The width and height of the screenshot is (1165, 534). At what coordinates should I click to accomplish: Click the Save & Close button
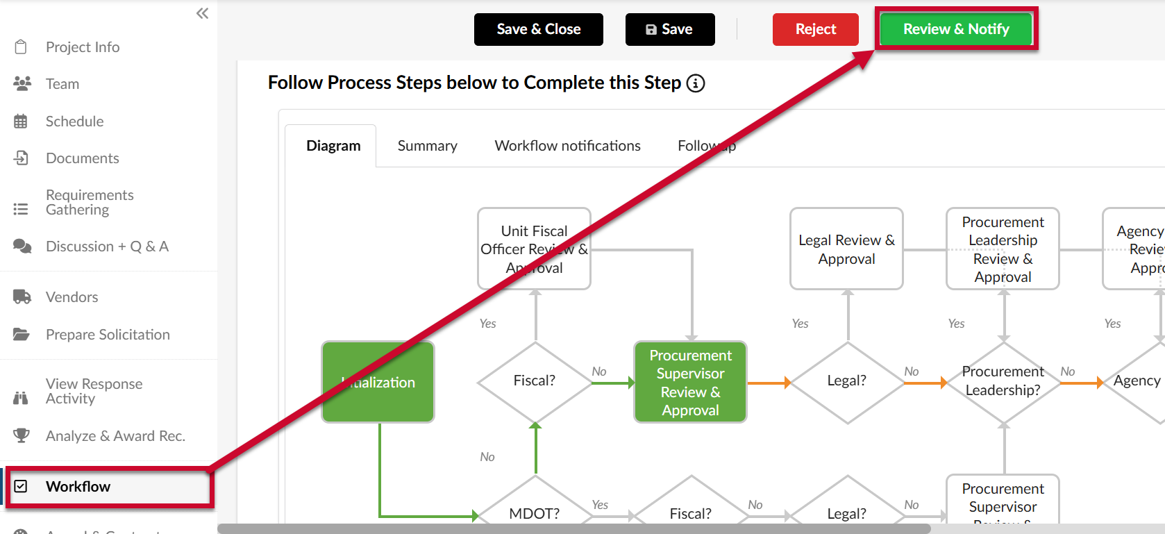point(538,29)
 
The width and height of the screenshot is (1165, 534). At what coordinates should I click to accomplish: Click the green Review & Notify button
point(956,29)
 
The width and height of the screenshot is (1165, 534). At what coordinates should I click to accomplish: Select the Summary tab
point(427,146)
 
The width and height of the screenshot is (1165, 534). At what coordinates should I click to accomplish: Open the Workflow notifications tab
point(567,146)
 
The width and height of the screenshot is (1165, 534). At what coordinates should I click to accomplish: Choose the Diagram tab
point(333,146)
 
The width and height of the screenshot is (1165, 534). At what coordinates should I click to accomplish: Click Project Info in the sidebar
point(82,47)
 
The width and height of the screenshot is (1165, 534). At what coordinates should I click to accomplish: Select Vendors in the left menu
point(72,297)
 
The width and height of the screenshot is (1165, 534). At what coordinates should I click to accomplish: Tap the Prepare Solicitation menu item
point(108,335)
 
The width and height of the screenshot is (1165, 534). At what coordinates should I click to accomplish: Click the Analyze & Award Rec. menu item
point(115,436)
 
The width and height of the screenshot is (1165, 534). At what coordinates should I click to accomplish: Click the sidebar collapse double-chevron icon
point(202,13)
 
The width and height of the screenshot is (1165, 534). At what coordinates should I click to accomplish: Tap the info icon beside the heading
point(696,83)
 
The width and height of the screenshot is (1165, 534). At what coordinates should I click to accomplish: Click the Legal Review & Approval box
point(846,249)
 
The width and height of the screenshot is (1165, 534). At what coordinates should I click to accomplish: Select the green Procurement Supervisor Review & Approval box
point(690,382)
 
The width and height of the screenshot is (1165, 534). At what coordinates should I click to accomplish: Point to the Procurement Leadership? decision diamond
point(1003,381)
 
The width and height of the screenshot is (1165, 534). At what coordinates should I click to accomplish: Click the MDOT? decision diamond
point(535,510)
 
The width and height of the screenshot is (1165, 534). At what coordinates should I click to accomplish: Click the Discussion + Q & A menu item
point(107,247)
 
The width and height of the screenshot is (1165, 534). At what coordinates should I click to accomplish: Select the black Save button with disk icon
point(669,29)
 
